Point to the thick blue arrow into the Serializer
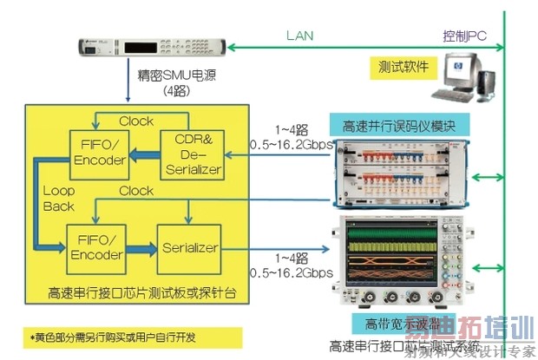point(137,249)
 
